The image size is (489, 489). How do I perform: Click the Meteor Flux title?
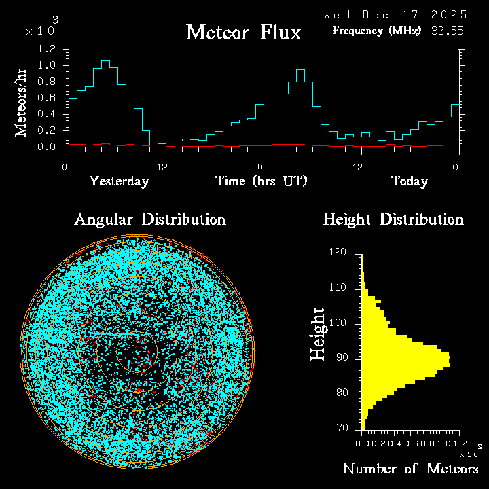point(243,33)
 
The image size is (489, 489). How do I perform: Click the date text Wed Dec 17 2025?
point(395,14)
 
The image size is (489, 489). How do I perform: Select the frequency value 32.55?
point(449,31)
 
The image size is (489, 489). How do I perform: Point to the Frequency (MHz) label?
point(377,31)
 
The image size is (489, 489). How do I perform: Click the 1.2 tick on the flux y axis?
point(47,50)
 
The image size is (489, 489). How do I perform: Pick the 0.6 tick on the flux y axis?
point(47,98)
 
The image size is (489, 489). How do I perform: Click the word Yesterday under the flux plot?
point(119,181)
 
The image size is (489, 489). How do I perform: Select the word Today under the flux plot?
point(410,181)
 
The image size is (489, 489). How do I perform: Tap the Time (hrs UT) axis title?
point(261,181)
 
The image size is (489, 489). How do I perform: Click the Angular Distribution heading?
point(149,220)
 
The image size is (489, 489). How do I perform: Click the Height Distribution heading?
point(393,220)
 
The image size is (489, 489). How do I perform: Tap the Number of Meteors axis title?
point(411,469)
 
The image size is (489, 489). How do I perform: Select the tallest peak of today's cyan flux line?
point(300,70)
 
